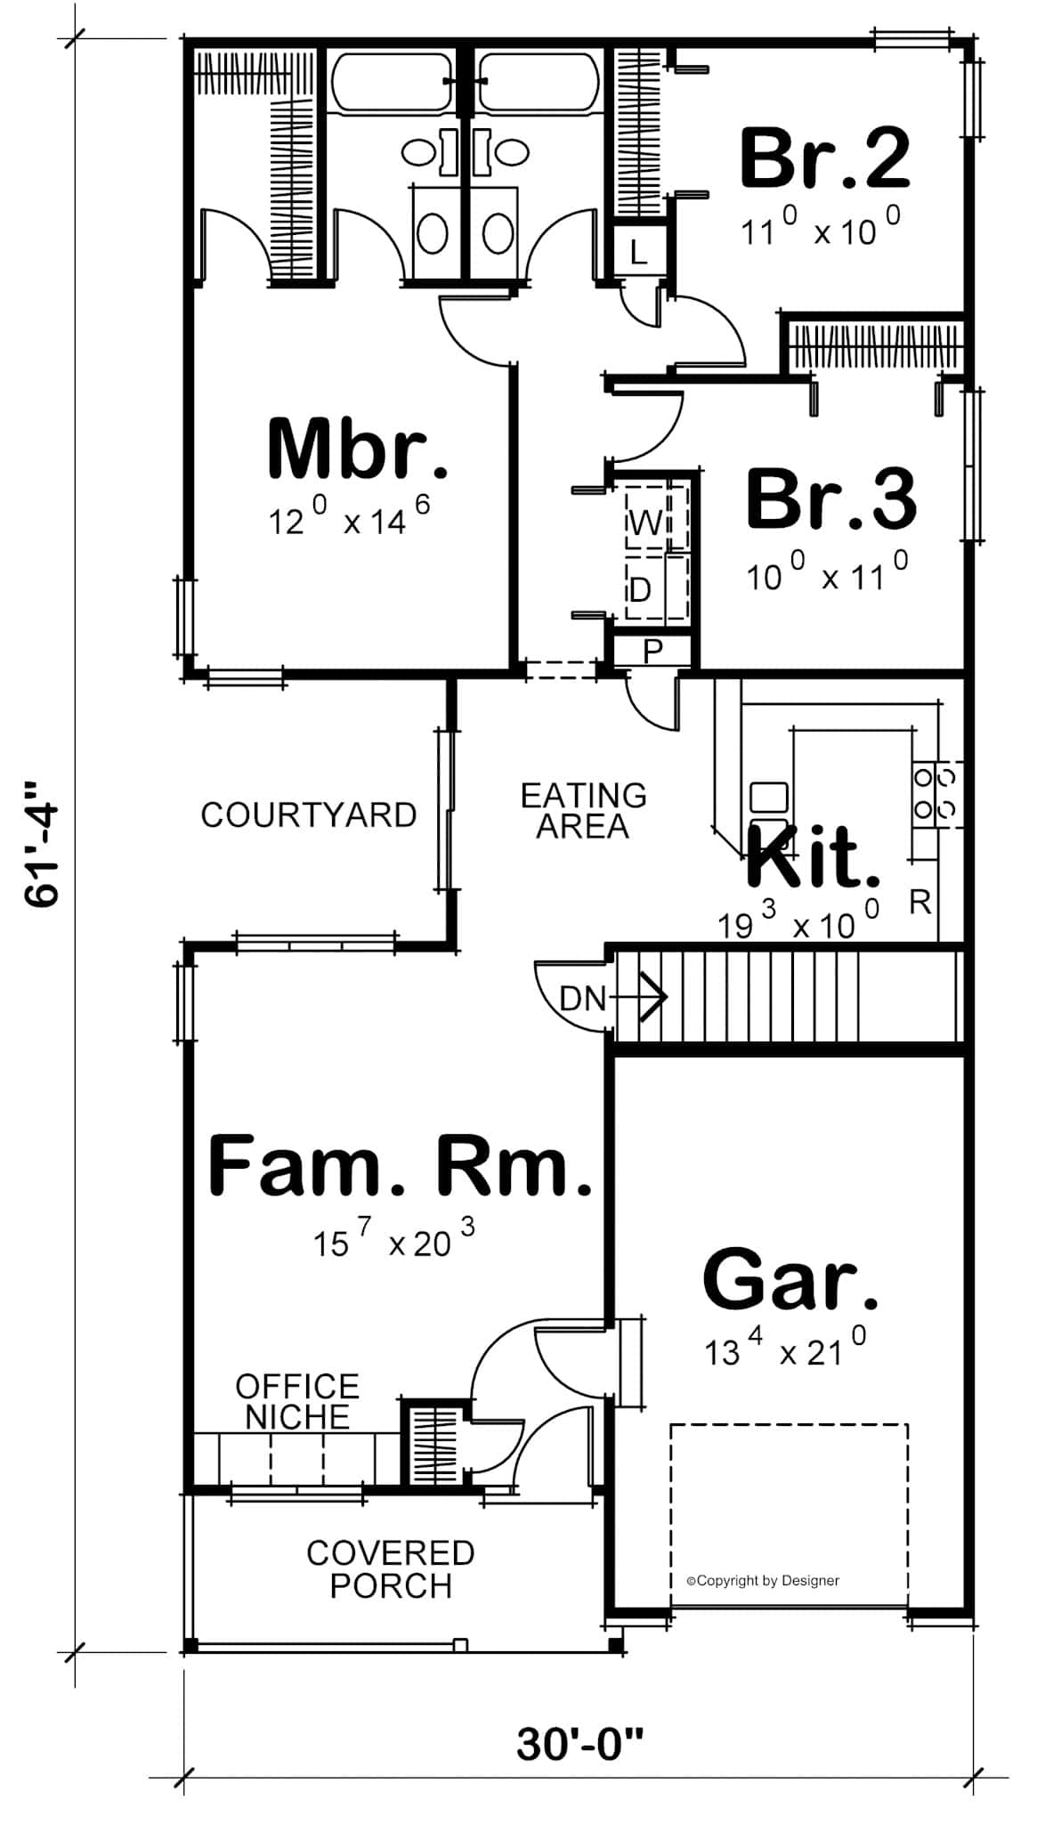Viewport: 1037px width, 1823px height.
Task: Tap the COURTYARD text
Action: click(x=308, y=814)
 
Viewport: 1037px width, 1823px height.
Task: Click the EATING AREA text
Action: click(x=583, y=810)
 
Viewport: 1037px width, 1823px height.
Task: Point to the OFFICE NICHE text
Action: click(x=297, y=1401)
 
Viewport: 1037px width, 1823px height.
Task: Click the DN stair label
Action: click(x=582, y=998)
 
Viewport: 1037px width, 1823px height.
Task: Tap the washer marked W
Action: click(x=645, y=523)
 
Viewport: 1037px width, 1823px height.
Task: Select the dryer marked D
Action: click(x=641, y=589)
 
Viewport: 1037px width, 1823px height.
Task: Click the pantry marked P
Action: click(x=652, y=651)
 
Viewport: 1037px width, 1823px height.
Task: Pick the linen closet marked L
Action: click(x=638, y=252)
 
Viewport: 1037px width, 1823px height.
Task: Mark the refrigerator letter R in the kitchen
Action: click(x=920, y=903)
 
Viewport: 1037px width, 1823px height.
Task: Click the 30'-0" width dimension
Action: click(x=579, y=1745)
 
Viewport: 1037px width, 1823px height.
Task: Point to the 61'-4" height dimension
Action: click(x=42, y=844)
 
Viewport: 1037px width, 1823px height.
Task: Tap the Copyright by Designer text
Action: click(x=763, y=1581)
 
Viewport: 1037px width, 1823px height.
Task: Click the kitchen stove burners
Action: click(x=936, y=792)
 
